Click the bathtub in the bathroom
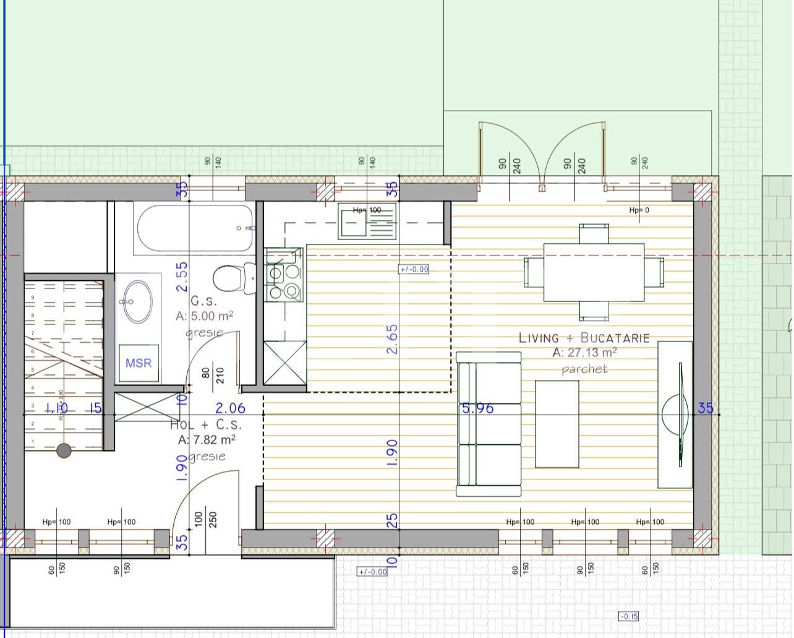pyautogui.click(x=195, y=228)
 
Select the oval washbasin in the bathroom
pyautogui.click(x=137, y=301)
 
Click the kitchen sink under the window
pyautogui.click(x=367, y=223)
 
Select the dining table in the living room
pyautogui.click(x=594, y=272)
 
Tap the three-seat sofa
pyautogui.click(x=489, y=424)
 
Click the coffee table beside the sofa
pyautogui.click(x=557, y=424)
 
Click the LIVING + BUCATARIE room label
pyautogui.click(x=584, y=338)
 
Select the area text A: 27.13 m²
pyautogui.click(x=584, y=353)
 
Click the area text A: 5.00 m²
pyautogui.click(x=204, y=316)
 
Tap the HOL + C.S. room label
pyautogui.click(x=205, y=425)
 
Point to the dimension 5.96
pyautogui.click(x=478, y=408)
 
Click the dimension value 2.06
pyautogui.click(x=230, y=408)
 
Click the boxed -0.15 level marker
pyautogui.click(x=628, y=616)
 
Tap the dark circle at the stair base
pyautogui.click(x=64, y=451)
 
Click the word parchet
pyautogui.click(x=584, y=369)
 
